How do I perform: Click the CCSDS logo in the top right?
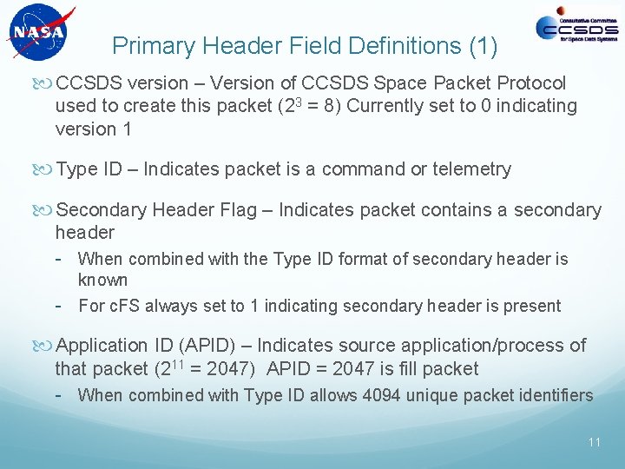[576, 28]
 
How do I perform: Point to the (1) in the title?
[482, 45]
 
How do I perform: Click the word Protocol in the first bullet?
[531, 83]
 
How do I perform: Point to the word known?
[102, 281]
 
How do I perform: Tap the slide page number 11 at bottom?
[594, 442]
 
